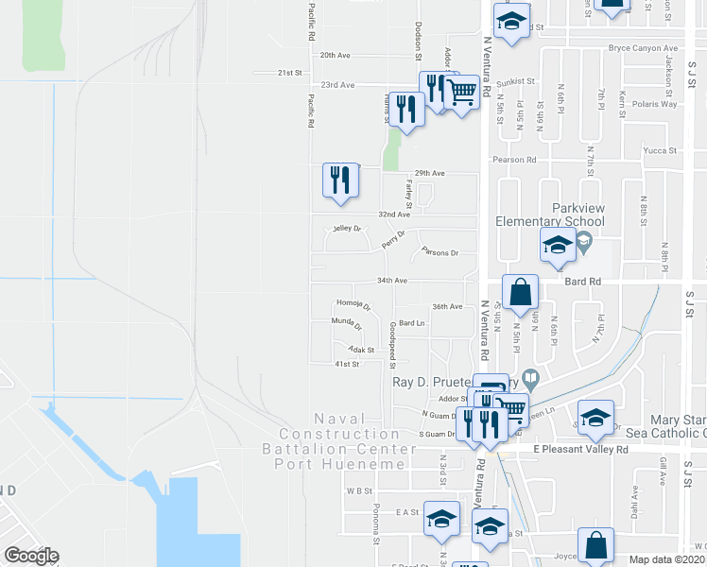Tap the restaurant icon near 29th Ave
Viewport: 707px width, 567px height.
point(340,180)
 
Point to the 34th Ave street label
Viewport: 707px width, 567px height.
point(391,281)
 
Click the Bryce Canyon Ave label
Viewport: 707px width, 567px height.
point(643,48)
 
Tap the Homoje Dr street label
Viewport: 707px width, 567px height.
point(353,304)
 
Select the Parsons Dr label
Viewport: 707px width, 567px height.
point(440,253)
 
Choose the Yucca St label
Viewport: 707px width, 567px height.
point(660,150)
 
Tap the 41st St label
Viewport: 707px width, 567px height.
point(348,364)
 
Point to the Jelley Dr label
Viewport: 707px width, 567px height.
point(347,229)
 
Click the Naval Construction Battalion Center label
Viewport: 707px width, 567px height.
point(351,440)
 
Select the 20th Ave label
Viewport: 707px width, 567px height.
point(336,56)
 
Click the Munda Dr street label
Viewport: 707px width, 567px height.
point(346,324)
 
